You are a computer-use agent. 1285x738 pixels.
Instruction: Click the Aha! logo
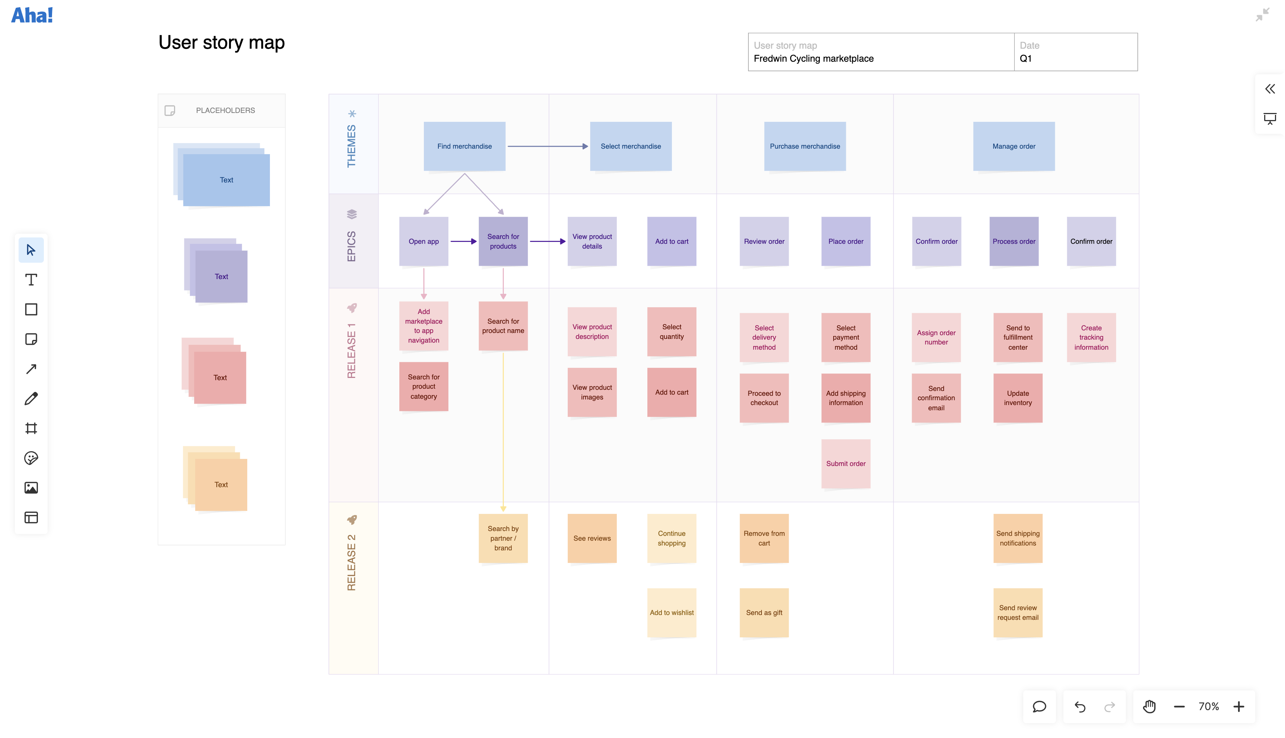point(32,15)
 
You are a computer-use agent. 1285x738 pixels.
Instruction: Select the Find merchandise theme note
point(464,146)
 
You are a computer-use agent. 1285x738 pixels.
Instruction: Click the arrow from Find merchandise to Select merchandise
point(547,146)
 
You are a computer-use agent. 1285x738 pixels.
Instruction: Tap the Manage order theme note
point(1013,146)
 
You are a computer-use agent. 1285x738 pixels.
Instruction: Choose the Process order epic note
point(1013,241)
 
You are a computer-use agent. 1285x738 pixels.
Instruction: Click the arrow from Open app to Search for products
point(463,241)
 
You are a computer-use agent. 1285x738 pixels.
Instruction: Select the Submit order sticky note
point(846,463)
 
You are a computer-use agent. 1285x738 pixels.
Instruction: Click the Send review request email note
point(1017,612)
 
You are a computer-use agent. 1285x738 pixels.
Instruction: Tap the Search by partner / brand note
point(503,538)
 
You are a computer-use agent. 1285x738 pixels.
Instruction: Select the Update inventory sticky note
point(1017,398)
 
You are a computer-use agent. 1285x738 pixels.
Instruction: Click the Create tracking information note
point(1091,337)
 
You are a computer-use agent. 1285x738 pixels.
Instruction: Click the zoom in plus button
point(1239,706)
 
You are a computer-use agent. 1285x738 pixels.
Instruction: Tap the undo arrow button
point(1080,706)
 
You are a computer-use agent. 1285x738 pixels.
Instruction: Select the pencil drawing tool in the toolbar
point(31,398)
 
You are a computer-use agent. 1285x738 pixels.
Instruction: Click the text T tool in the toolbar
point(31,280)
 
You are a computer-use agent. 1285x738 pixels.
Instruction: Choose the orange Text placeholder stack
point(220,484)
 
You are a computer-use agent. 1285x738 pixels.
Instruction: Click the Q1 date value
point(1025,58)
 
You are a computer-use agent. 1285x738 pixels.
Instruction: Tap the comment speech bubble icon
point(1039,706)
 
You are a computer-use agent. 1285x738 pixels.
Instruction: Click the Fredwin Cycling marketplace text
point(814,58)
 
